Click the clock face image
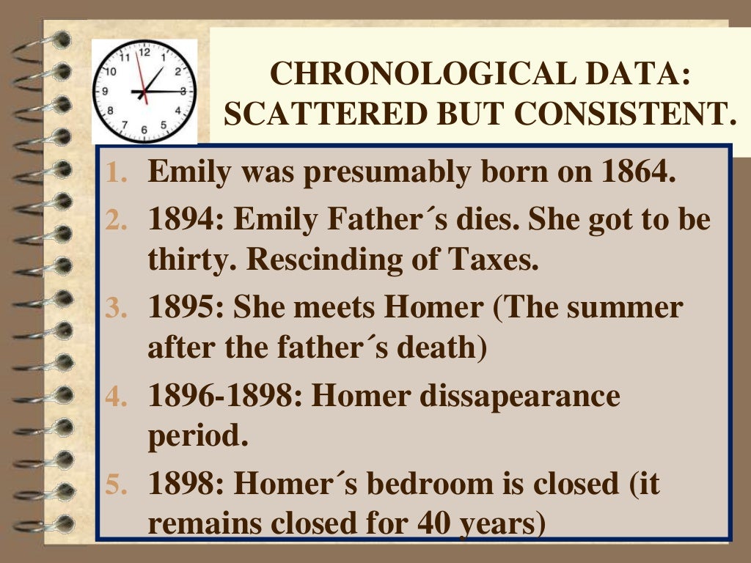click(144, 91)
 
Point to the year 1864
click(637, 172)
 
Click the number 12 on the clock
click(144, 52)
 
